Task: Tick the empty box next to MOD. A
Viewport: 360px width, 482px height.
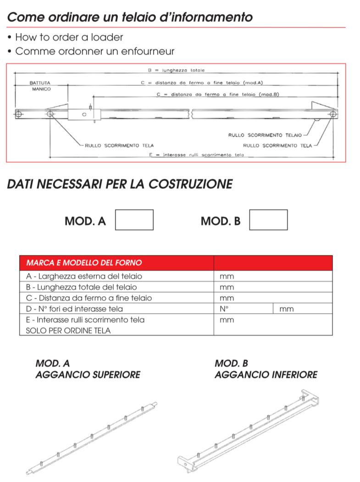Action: [x=134, y=220]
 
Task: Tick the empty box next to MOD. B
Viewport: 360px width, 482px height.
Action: [x=268, y=220]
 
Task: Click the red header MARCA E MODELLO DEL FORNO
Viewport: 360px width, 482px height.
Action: [x=84, y=263]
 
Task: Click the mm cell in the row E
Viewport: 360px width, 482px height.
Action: [x=227, y=320]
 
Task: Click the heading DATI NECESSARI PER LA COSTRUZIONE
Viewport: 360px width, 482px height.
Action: [x=120, y=184]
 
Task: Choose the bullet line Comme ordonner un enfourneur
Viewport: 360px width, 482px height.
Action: [x=94, y=51]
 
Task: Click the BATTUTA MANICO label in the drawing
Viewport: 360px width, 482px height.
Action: [x=41, y=86]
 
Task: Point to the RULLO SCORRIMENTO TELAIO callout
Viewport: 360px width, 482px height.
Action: [x=265, y=136]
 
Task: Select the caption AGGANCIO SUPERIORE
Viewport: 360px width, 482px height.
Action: [x=88, y=375]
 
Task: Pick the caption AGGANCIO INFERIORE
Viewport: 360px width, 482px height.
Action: [x=266, y=375]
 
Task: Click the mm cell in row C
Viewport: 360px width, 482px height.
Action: [x=227, y=298]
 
